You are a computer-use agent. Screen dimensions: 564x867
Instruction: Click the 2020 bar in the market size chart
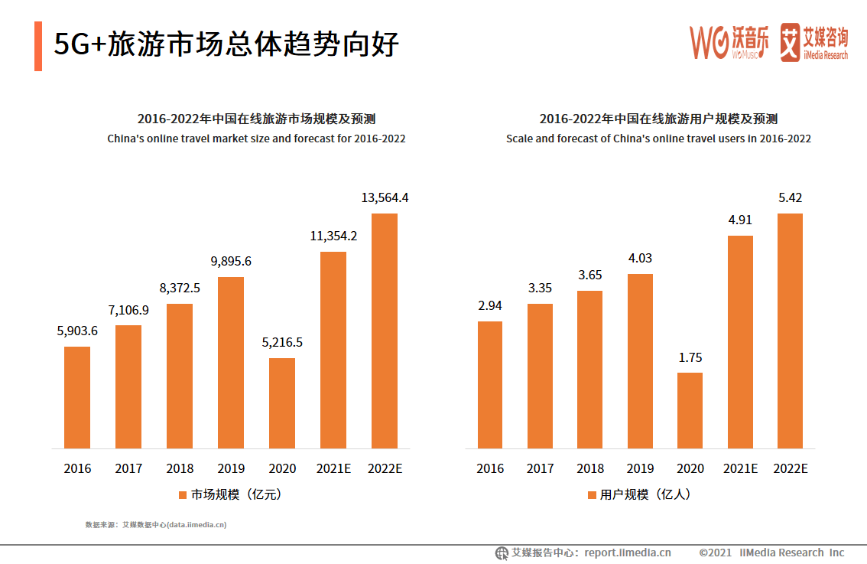281,403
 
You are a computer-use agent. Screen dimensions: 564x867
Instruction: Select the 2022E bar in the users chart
790,331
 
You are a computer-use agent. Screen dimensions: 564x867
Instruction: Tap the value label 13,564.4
385,197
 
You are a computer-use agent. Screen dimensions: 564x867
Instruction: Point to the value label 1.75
690,357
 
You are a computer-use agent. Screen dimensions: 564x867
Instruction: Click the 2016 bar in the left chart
77,397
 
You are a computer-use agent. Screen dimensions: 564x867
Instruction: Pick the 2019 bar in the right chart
640,360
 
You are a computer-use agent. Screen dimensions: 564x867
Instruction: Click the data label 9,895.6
230,261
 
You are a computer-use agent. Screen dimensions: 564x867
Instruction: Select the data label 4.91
739,220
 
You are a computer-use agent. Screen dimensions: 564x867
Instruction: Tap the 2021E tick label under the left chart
333,468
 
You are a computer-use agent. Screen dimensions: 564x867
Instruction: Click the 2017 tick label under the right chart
540,468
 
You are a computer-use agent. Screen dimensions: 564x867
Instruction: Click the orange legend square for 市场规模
183,495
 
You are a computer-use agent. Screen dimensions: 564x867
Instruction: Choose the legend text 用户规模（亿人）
645,494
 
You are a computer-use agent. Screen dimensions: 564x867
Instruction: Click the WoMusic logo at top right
729,43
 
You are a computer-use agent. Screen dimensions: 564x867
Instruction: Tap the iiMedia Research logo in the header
814,43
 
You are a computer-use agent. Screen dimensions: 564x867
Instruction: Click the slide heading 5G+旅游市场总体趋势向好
226,44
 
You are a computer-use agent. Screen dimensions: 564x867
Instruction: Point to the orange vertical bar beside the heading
38,46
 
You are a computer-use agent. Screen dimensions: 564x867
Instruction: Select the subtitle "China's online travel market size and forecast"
256,139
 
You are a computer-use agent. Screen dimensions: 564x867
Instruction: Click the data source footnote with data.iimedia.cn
156,525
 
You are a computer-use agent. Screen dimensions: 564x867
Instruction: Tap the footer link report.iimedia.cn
628,553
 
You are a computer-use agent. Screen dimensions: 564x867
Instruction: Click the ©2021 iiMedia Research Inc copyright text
771,553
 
